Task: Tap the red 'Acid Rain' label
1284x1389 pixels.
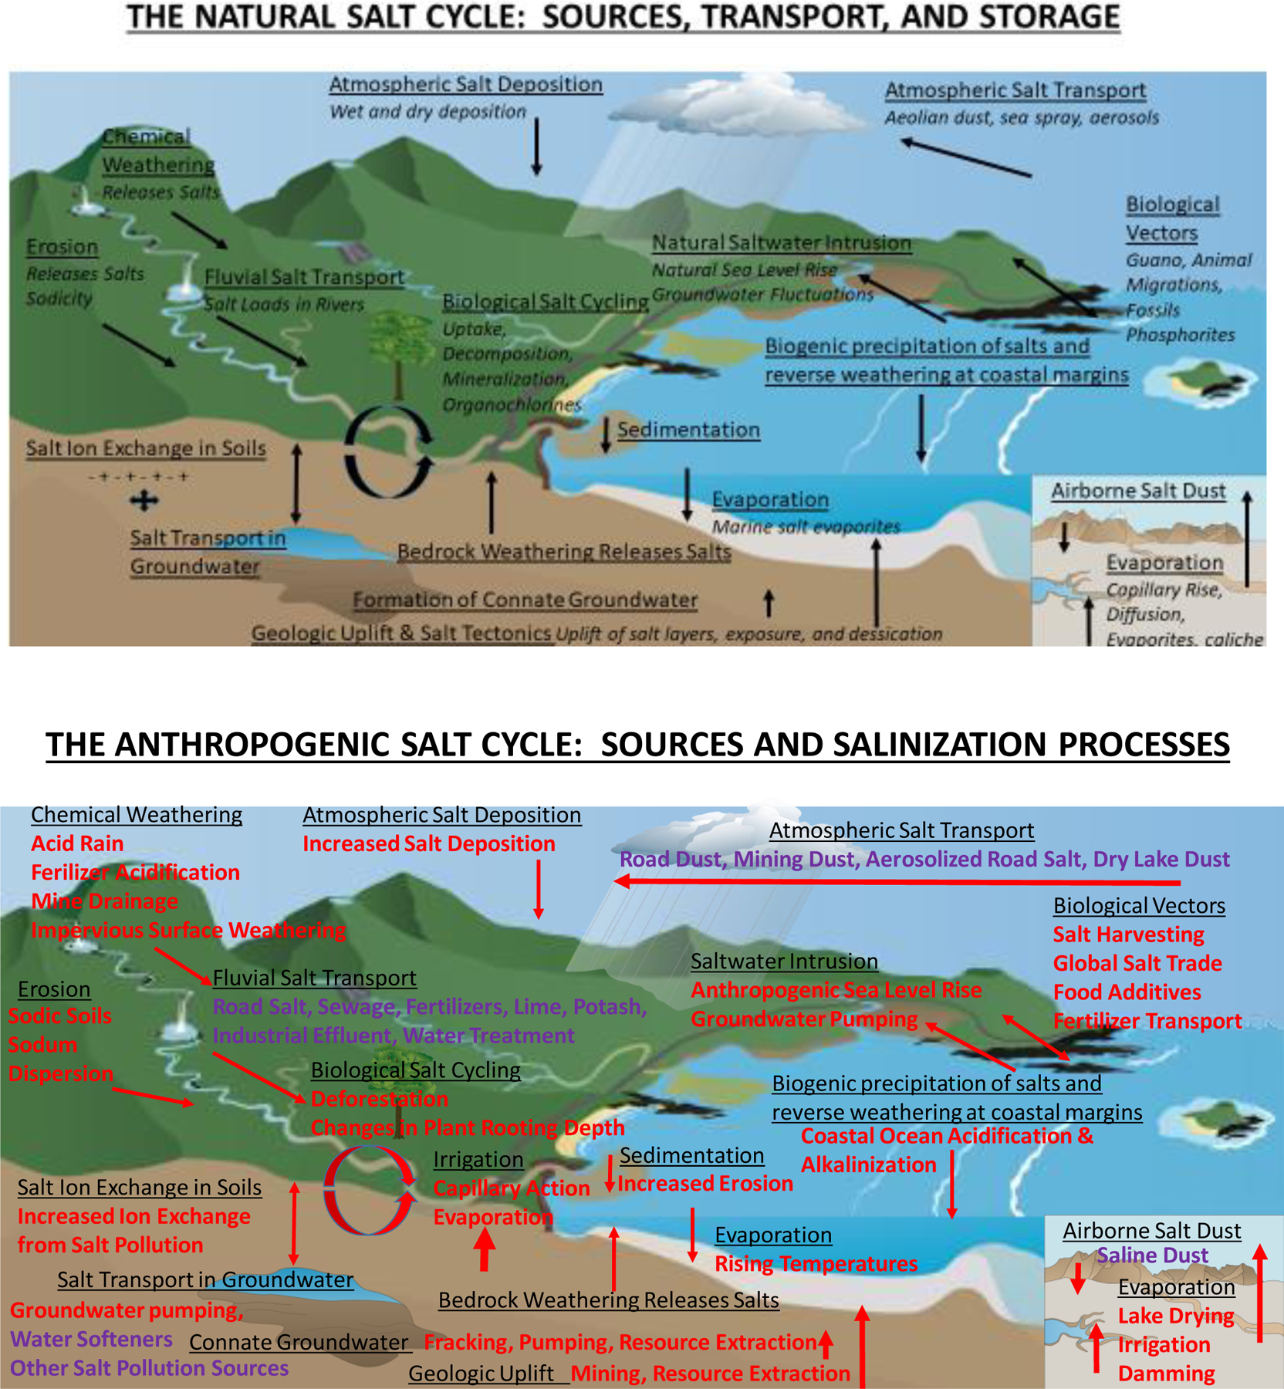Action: coord(77,843)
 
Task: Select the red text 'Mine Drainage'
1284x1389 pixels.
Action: coord(104,901)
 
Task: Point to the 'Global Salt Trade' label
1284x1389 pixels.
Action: coord(1137,963)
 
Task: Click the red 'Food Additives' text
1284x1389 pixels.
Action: coord(1127,992)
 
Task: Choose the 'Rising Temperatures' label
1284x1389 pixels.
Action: coord(816,1263)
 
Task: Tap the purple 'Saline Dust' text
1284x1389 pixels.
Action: coord(1152,1256)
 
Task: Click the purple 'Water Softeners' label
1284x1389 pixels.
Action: coord(91,1339)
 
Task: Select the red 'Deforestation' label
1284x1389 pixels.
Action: coord(379,1099)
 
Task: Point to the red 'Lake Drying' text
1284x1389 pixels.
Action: coord(1175,1316)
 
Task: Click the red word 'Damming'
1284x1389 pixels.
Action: coord(1166,1374)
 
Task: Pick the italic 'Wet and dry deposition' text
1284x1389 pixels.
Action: coord(427,112)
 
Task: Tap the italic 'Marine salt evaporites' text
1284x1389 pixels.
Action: coord(806,526)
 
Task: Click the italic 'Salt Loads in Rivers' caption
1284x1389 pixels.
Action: coord(284,304)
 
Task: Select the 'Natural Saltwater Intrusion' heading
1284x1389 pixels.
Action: coord(782,243)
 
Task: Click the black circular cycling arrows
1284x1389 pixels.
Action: coord(388,451)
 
